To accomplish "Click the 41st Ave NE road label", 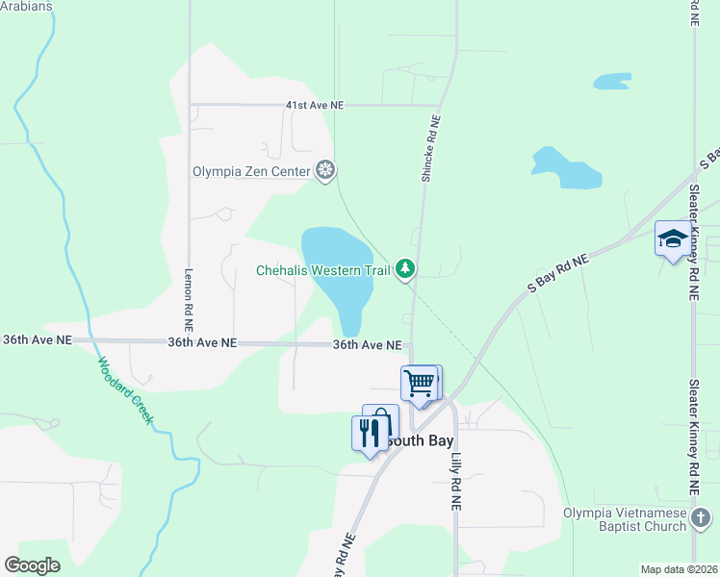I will tap(315, 105).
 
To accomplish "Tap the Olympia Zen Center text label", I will tap(251, 172).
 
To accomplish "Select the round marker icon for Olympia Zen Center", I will tap(326, 171).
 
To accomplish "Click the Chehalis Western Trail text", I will tap(322, 270).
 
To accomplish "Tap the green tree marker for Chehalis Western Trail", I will tap(406, 270).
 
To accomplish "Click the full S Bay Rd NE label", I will tap(558, 273).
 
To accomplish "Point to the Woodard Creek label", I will tap(124, 390).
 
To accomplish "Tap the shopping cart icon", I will tap(420, 384).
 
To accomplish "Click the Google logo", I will tap(32, 565).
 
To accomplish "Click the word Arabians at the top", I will tap(26, 6).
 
